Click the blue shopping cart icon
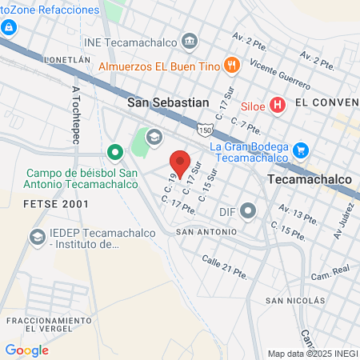pyautogui.click(x=301, y=150)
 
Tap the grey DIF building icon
pyautogui.click(x=249, y=211)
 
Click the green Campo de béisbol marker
pyautogui.click(x=114, y=150)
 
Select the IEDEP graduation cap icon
pyautogui.click(x=37, y=237)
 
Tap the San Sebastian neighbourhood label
pyautogui.click(x=168, y=102)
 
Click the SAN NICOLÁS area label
pyautogui.click(x=296, y=301)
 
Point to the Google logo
pyautogui.click(x=26, y=350)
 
